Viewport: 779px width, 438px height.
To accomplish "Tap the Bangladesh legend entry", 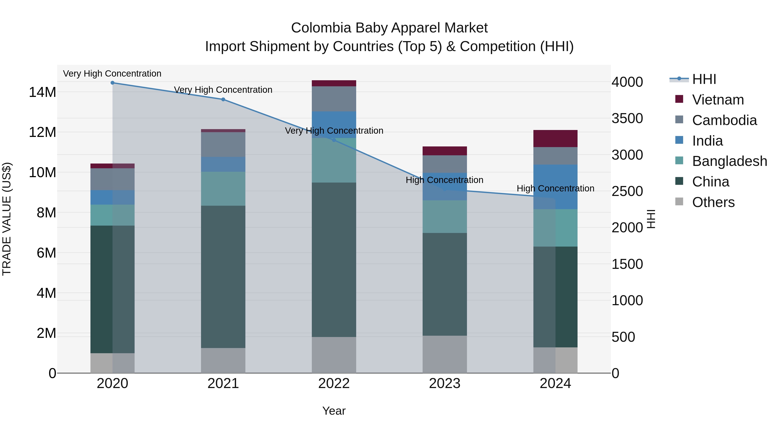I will (729, 161).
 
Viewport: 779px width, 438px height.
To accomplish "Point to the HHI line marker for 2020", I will (113, 83).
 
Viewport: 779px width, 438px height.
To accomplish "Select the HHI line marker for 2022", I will (334, 140).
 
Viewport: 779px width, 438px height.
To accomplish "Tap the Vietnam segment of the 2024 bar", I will (555, 138).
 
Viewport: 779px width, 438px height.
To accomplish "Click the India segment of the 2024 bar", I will (555, 187).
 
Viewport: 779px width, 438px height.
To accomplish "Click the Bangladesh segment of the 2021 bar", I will (223, 189).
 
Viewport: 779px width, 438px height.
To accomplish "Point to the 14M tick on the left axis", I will (42, 92).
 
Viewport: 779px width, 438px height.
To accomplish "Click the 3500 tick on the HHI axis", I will (627, 119).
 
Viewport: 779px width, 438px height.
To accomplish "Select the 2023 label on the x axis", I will (444, 383).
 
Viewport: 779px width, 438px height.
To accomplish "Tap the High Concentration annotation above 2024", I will (555, 189).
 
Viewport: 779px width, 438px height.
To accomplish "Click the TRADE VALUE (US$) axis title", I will (7, 219).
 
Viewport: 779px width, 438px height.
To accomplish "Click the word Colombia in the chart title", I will (321, 28).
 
